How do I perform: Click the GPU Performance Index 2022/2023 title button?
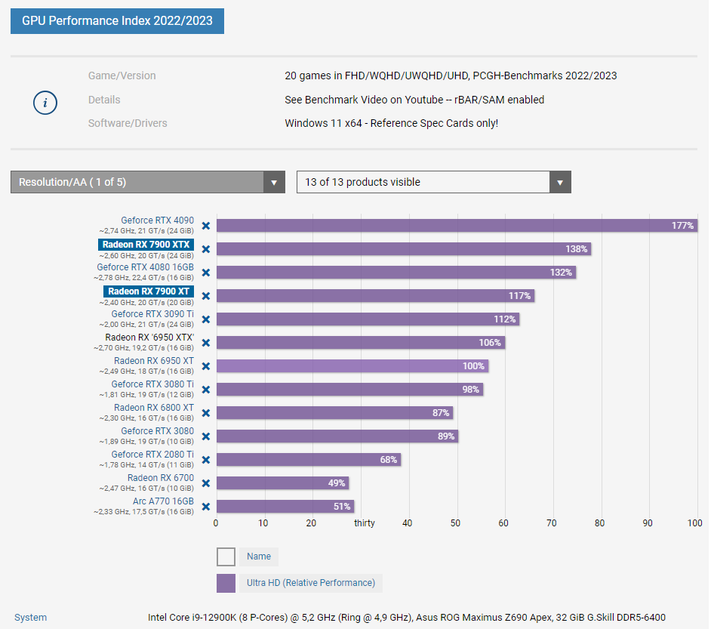tap(117, 20)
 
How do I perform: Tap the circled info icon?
tap(45, 103)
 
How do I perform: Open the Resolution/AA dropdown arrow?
tap(274, 182)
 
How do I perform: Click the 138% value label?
tap(577, 248)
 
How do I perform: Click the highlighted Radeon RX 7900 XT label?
tap(149, 291)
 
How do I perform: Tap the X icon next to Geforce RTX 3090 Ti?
tap(205, 319)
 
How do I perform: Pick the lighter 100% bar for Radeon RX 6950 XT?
tap(352, 365)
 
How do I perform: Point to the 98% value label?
tap(471, 389)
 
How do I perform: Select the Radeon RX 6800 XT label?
tap(154, 408)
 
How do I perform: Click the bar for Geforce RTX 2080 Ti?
tap(308, 459)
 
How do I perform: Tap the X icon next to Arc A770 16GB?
tap(205, 506)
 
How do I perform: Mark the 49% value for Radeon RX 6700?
tap(336, 483)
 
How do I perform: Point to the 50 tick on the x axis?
tap(455, 523)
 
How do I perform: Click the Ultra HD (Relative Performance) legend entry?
tap(310, 583)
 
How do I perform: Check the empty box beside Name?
tap(226, 557)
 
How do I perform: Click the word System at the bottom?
tap(30, 618)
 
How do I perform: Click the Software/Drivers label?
tap(128, 123)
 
